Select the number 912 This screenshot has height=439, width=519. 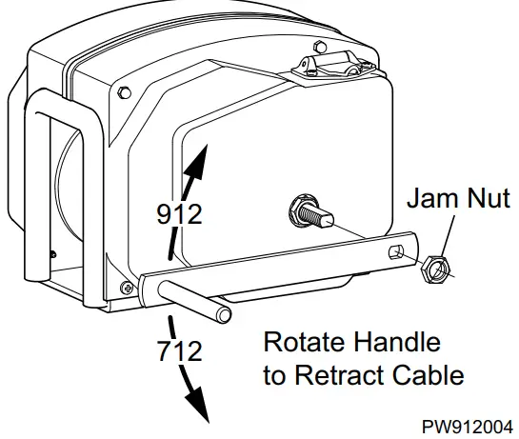(179, 214)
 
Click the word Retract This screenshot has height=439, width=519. (333, 374)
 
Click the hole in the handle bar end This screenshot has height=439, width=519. (395, 252)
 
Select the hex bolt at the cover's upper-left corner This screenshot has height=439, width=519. (124, 92)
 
